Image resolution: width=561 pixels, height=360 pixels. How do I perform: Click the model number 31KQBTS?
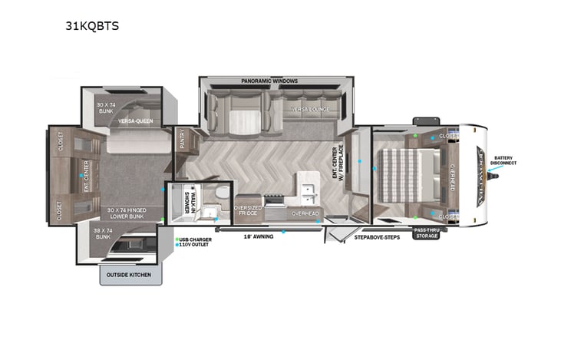(x=92, y=25)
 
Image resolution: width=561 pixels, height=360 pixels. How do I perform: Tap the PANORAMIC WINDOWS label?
(x=269, y=81)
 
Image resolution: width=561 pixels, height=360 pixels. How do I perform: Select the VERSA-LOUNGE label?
(x=309, y=110)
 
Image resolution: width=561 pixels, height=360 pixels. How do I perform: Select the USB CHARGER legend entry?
(x=196, y=239)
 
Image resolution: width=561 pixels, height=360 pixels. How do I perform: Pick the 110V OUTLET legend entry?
(x=196, y=246)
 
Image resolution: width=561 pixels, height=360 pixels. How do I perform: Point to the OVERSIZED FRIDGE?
(x=249, y=210)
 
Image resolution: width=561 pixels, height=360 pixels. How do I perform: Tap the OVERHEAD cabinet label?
(x=305, y=213)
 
